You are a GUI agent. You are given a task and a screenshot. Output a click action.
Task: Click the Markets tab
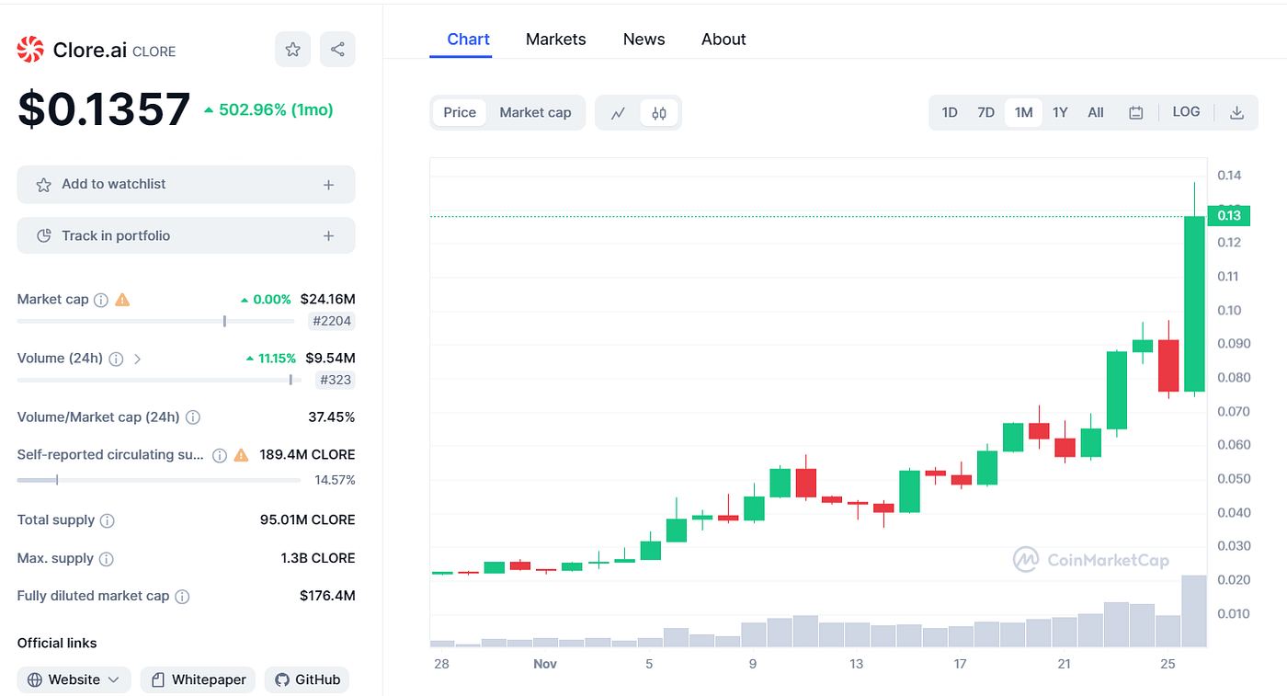pos(555,40)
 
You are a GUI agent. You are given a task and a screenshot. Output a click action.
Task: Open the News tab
pos(643,40)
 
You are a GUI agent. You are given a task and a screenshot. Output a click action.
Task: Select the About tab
pos(723,40)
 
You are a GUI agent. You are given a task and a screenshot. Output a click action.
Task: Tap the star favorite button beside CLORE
pos(292,50)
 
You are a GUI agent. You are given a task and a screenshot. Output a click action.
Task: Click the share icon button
pos(337,50)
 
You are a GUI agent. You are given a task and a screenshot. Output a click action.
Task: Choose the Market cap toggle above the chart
pos(535,112)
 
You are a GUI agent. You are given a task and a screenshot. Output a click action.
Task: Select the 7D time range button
pos(985,112)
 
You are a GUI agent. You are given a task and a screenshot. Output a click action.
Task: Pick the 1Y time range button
pos(1060,112)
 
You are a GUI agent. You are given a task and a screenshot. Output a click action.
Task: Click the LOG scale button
pos(1186,112)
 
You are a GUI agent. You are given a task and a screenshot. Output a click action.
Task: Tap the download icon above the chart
pos(1236,112)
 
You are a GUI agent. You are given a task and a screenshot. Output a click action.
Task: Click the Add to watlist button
pos(186,185)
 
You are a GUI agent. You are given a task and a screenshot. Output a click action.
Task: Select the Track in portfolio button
pos(186,236)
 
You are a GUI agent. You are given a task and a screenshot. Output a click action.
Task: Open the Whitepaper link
pos(199,679)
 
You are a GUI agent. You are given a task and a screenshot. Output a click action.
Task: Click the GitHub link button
pos(308,679)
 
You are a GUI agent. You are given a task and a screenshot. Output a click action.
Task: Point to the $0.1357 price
pos(104,109)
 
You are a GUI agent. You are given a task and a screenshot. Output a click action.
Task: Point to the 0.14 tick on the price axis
pos(1229,175)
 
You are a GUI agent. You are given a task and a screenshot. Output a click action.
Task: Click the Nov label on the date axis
pos(545,664)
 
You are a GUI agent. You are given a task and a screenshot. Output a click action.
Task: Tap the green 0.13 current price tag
pos(1228,216)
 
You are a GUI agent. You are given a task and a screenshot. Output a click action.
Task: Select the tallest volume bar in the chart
pos(1194,610)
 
